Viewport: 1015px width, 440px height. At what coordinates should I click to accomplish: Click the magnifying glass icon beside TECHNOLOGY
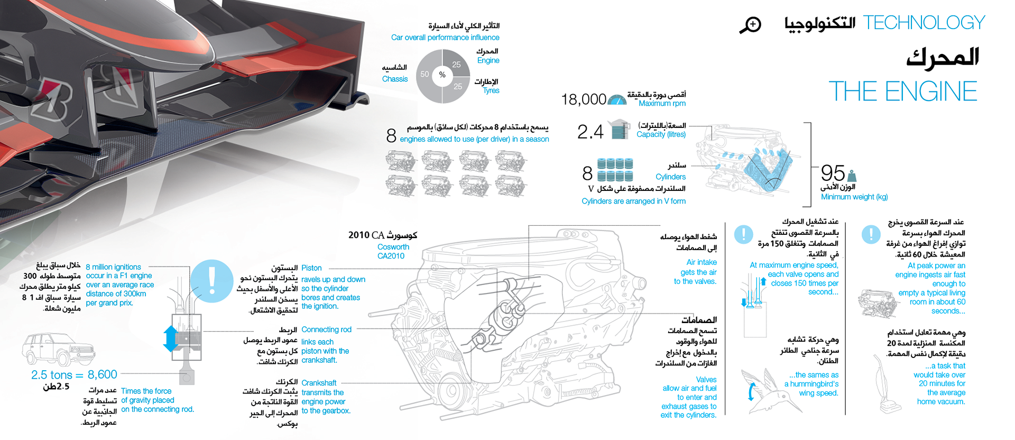pyautogui.click(x=750, y=24)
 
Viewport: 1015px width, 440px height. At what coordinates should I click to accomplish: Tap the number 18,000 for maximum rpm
pyautogui.click(x=583, y=99)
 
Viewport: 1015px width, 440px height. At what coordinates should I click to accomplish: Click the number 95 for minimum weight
pyautogui.click(x=833, y=173)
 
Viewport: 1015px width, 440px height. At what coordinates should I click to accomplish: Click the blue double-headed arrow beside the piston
pyautogui.click(x=170, y=338)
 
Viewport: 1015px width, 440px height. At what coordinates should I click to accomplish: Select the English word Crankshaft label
pyautogui.click(x=319, y=383)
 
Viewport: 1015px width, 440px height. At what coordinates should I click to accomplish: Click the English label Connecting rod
pyautogui.click(x=326, y=329)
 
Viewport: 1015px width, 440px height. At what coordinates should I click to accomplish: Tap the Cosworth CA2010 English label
pyautogui.click(x=393, y=251)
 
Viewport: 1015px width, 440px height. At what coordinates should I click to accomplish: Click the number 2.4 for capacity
pyautogui.click(x=590, y=132)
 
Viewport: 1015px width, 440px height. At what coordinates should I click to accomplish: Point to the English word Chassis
pyautogui.click(x=395, y=79)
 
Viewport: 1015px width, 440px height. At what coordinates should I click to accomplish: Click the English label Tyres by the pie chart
pyautogui.click(x=491, y=90)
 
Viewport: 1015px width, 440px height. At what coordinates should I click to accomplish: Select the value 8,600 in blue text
pyautogui.click(x=102, y=374)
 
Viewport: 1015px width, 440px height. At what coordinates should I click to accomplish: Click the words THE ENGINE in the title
pyautogui.click(x=902, y=91)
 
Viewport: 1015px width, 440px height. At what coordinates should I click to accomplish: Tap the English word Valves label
pyautogui.click(x=706, y=379)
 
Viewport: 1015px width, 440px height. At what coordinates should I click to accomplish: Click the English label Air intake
pyautogui.click(x=702, y=262)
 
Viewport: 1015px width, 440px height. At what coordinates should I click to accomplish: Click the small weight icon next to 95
pyautogui.click(x=852, y=176)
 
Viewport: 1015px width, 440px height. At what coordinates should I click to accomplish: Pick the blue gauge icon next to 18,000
pyautogui.click(x=617, y=99)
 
